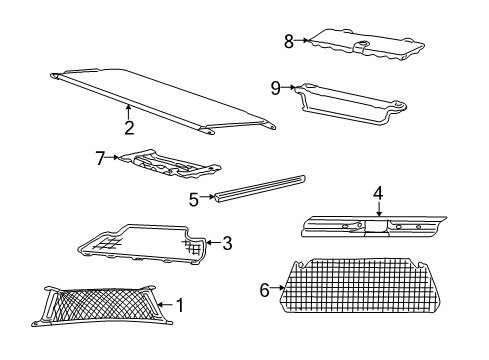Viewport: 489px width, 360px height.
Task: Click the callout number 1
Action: (x=180, y=304)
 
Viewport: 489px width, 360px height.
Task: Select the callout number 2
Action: (x=129, y=127)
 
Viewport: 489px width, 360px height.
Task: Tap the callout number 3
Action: (x=227, y=242)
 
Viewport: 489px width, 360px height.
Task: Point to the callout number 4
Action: (x=378, y=193)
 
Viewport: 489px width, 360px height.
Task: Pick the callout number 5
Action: (x=193, y=200)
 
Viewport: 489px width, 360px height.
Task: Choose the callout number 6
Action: (x=265, y=290)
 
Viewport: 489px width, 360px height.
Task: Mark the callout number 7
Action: (x=100, y=156)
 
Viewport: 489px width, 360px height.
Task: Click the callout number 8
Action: (x=288, y=42)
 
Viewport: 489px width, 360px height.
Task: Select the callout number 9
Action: (x=275, y=89)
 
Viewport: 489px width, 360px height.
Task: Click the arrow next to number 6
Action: (x=277, y=290)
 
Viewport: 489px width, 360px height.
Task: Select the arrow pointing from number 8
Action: (x=302, y=42)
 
